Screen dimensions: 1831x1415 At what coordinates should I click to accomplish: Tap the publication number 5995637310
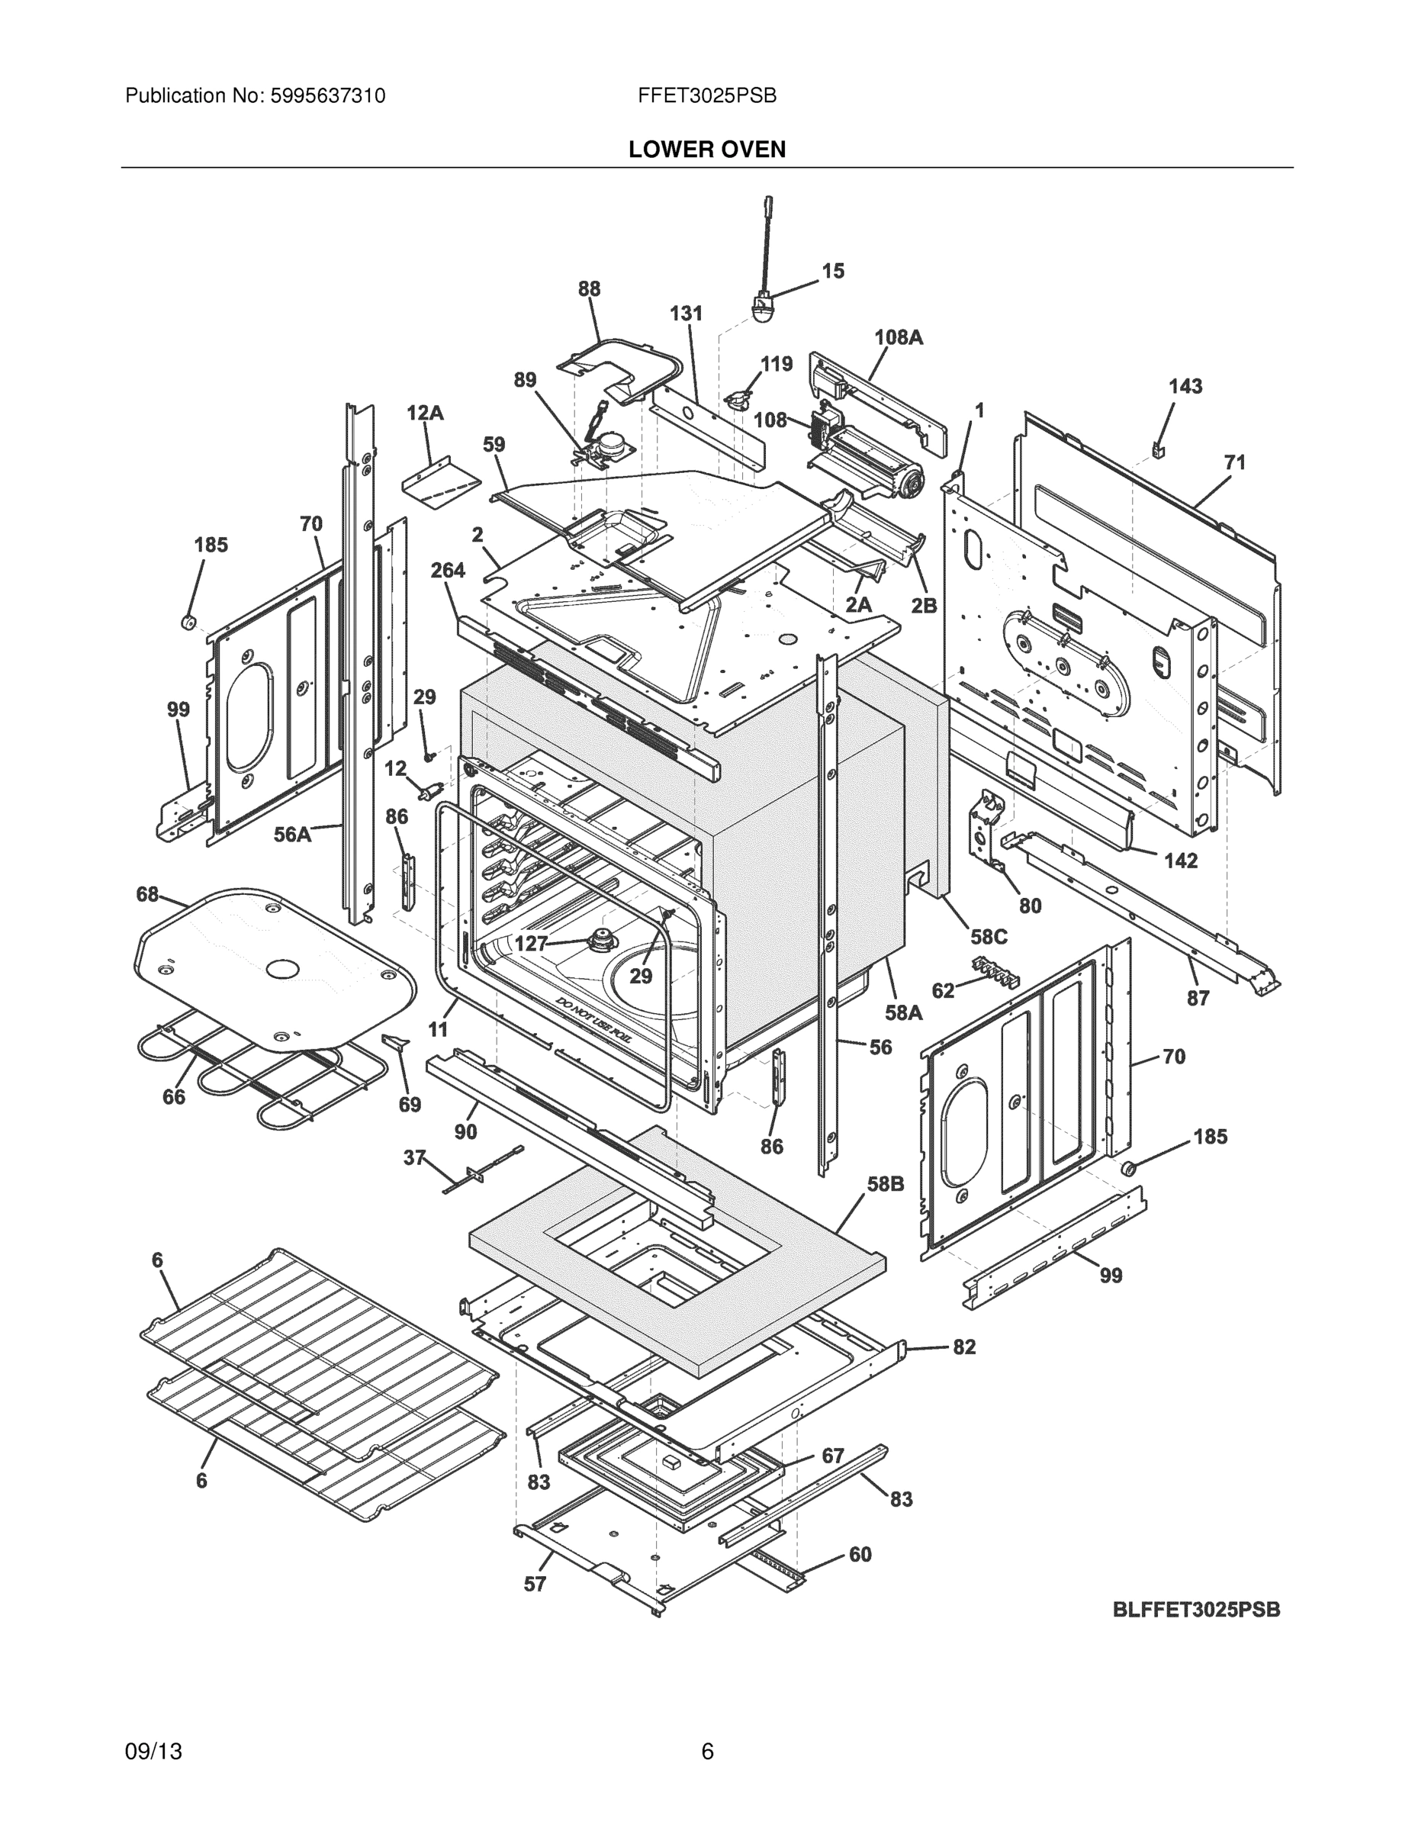pos(328,96)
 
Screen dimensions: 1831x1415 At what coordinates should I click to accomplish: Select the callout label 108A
pos(898,337)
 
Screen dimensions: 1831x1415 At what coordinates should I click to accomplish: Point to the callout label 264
pos(448,571)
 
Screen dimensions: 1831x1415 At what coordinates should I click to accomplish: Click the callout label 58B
pos(885,1185)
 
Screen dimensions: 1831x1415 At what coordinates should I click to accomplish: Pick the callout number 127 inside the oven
pos(532,943)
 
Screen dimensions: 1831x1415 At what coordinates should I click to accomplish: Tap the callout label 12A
pos(425,413)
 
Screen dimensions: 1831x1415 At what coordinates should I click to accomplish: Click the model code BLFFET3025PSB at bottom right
pos(1196,1610)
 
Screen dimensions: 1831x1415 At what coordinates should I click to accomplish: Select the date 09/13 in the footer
pos(153,1752)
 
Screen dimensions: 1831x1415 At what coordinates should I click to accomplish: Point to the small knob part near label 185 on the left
pos(188,621)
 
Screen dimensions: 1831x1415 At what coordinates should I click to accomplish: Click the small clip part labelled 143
pos(1160,451)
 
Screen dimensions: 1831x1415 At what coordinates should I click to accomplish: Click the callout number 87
pos(1198,998)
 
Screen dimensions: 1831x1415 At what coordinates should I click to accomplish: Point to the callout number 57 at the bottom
pos(535,1584)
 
